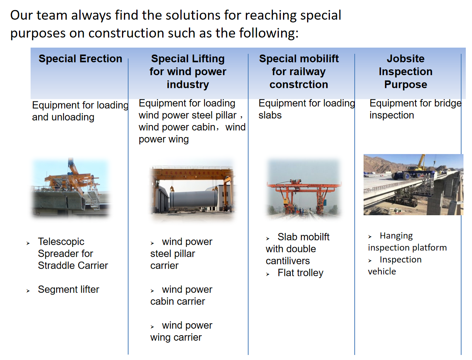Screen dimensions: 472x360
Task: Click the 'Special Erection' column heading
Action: [x=80, y=58]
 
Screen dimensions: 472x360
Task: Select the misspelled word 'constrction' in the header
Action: [x=299, y=84]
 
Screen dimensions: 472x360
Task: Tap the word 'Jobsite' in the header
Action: [x=405, y=58]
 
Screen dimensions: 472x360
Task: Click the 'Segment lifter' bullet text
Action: [x=69, y=289]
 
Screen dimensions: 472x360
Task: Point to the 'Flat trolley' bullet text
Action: [x=300, y=273]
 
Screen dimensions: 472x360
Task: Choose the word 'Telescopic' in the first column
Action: [x=61, y=242]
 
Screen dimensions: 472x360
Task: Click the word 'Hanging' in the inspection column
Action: [x=396, y=236]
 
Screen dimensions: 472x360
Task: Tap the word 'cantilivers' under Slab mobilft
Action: [x=288, y=261]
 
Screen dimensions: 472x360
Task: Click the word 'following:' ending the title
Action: [x=269, y=33]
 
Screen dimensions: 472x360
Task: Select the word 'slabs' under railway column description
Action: [x=270, y=115]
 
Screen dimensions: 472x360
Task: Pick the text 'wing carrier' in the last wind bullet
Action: [x=176, y=337]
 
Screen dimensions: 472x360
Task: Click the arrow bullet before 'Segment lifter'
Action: [x=28, y=291]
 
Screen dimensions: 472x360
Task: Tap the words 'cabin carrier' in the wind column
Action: [x=178, y=301]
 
